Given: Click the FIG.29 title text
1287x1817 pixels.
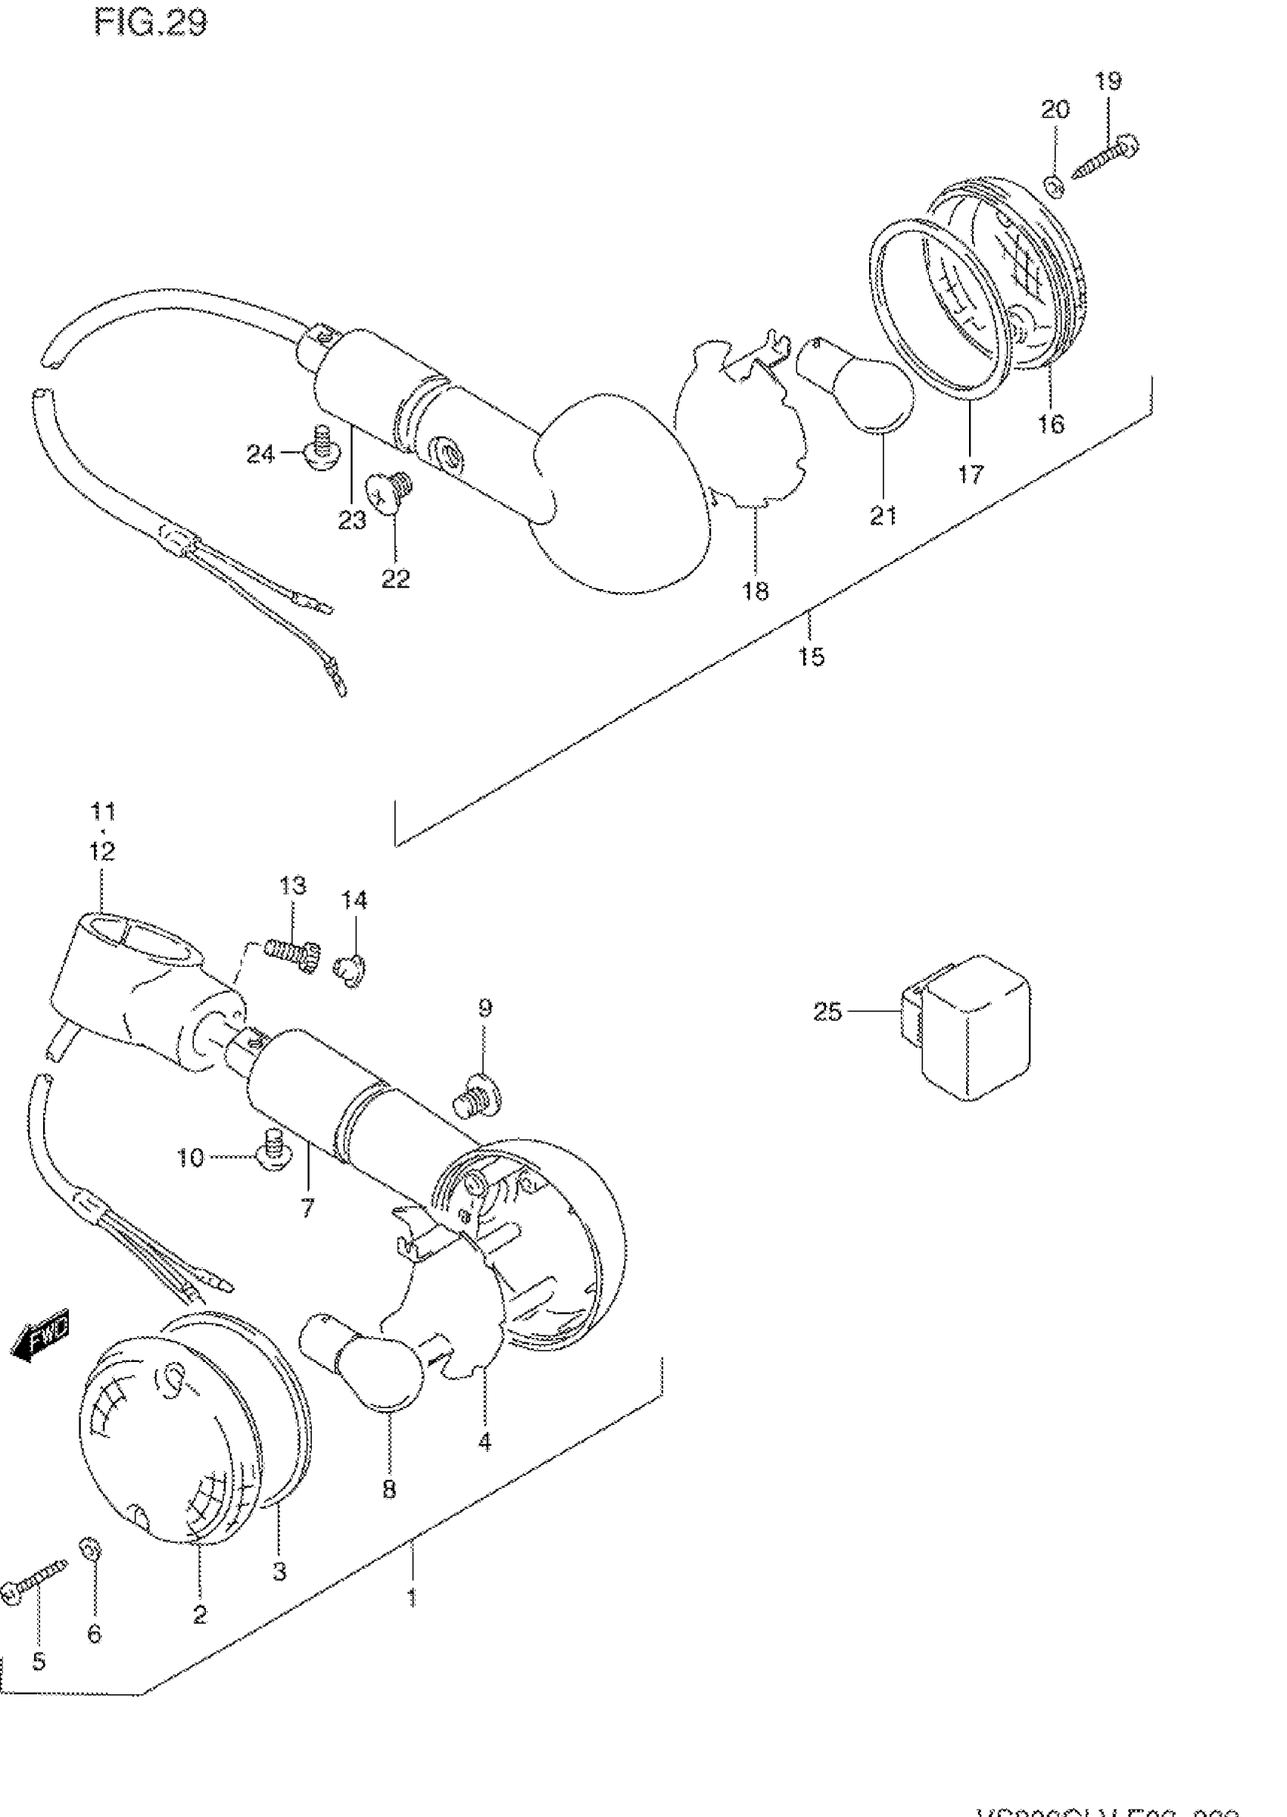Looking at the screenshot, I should (x=150, y=23).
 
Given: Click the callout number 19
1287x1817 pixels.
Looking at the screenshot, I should (x=1108, y=80).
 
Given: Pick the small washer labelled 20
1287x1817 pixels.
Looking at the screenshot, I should (x=1054, y=187).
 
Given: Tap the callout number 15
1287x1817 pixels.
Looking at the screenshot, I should (x=811, y=656).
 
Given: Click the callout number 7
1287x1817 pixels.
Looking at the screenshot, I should (x=307, y=1208).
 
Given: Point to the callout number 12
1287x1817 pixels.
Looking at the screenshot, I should (x=102, y=850).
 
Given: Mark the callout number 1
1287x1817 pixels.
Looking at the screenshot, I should (x=412, y=1598).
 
